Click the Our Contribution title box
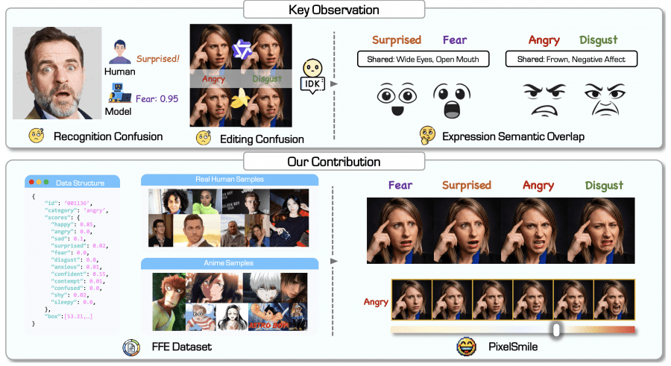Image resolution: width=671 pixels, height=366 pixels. point(334,162)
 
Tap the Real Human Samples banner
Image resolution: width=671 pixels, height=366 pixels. point(229,180)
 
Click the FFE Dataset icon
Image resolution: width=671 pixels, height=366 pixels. point(130,347)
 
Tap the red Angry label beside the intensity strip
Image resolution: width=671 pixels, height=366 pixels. point(377,302)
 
